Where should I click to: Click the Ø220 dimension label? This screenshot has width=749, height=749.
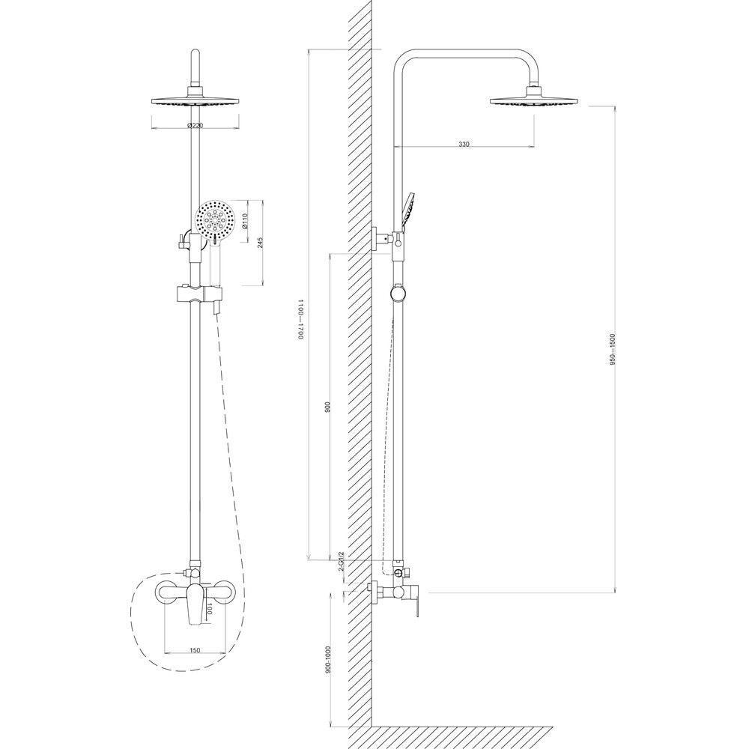[195, 126]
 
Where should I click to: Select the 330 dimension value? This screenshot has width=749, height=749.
[464, 144]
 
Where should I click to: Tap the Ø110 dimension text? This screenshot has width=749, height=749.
[245, 221]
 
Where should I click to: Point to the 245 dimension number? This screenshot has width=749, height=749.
[259, 243]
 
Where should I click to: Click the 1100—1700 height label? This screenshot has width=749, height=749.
[301, 319]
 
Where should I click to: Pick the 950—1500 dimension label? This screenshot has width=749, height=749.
[613, 349]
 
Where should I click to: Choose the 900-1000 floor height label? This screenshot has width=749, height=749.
[328, 660]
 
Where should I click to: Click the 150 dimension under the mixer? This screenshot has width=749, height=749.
[195, 649]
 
